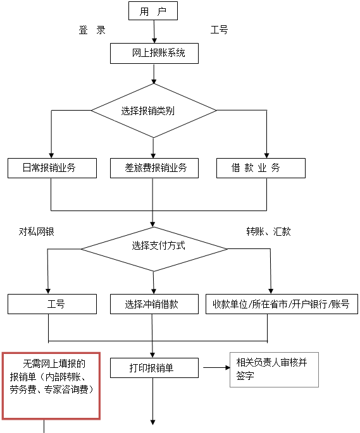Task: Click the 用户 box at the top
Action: tap(153, 11)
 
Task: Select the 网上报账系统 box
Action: tap(154, 53)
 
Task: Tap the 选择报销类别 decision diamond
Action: tap(154, 111)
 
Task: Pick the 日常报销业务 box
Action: tap(52, 168)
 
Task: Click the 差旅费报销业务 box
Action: tap(154, 168)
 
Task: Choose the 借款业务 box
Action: tap(261, 168)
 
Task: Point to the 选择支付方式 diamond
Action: tap(154, 249)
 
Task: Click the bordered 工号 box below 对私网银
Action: tap(52, 304)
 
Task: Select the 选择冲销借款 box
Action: tap(154, 304)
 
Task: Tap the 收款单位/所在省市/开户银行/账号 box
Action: tap(282, 304)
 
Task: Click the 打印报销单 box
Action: tap(154, 368)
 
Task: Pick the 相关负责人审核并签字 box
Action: tap(275, 370)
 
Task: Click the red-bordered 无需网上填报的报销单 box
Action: tap(51, 386)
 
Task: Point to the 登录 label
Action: tap(92, 30)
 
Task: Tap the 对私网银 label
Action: tap(37, 231)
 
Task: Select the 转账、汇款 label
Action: tap(268, 231)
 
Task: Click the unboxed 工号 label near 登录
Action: tap(219, 30)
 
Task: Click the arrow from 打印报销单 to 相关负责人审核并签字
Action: tap(217, 367)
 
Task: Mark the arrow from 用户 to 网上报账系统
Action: tap(154, 32)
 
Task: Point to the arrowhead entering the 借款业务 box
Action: tap(266, 156)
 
